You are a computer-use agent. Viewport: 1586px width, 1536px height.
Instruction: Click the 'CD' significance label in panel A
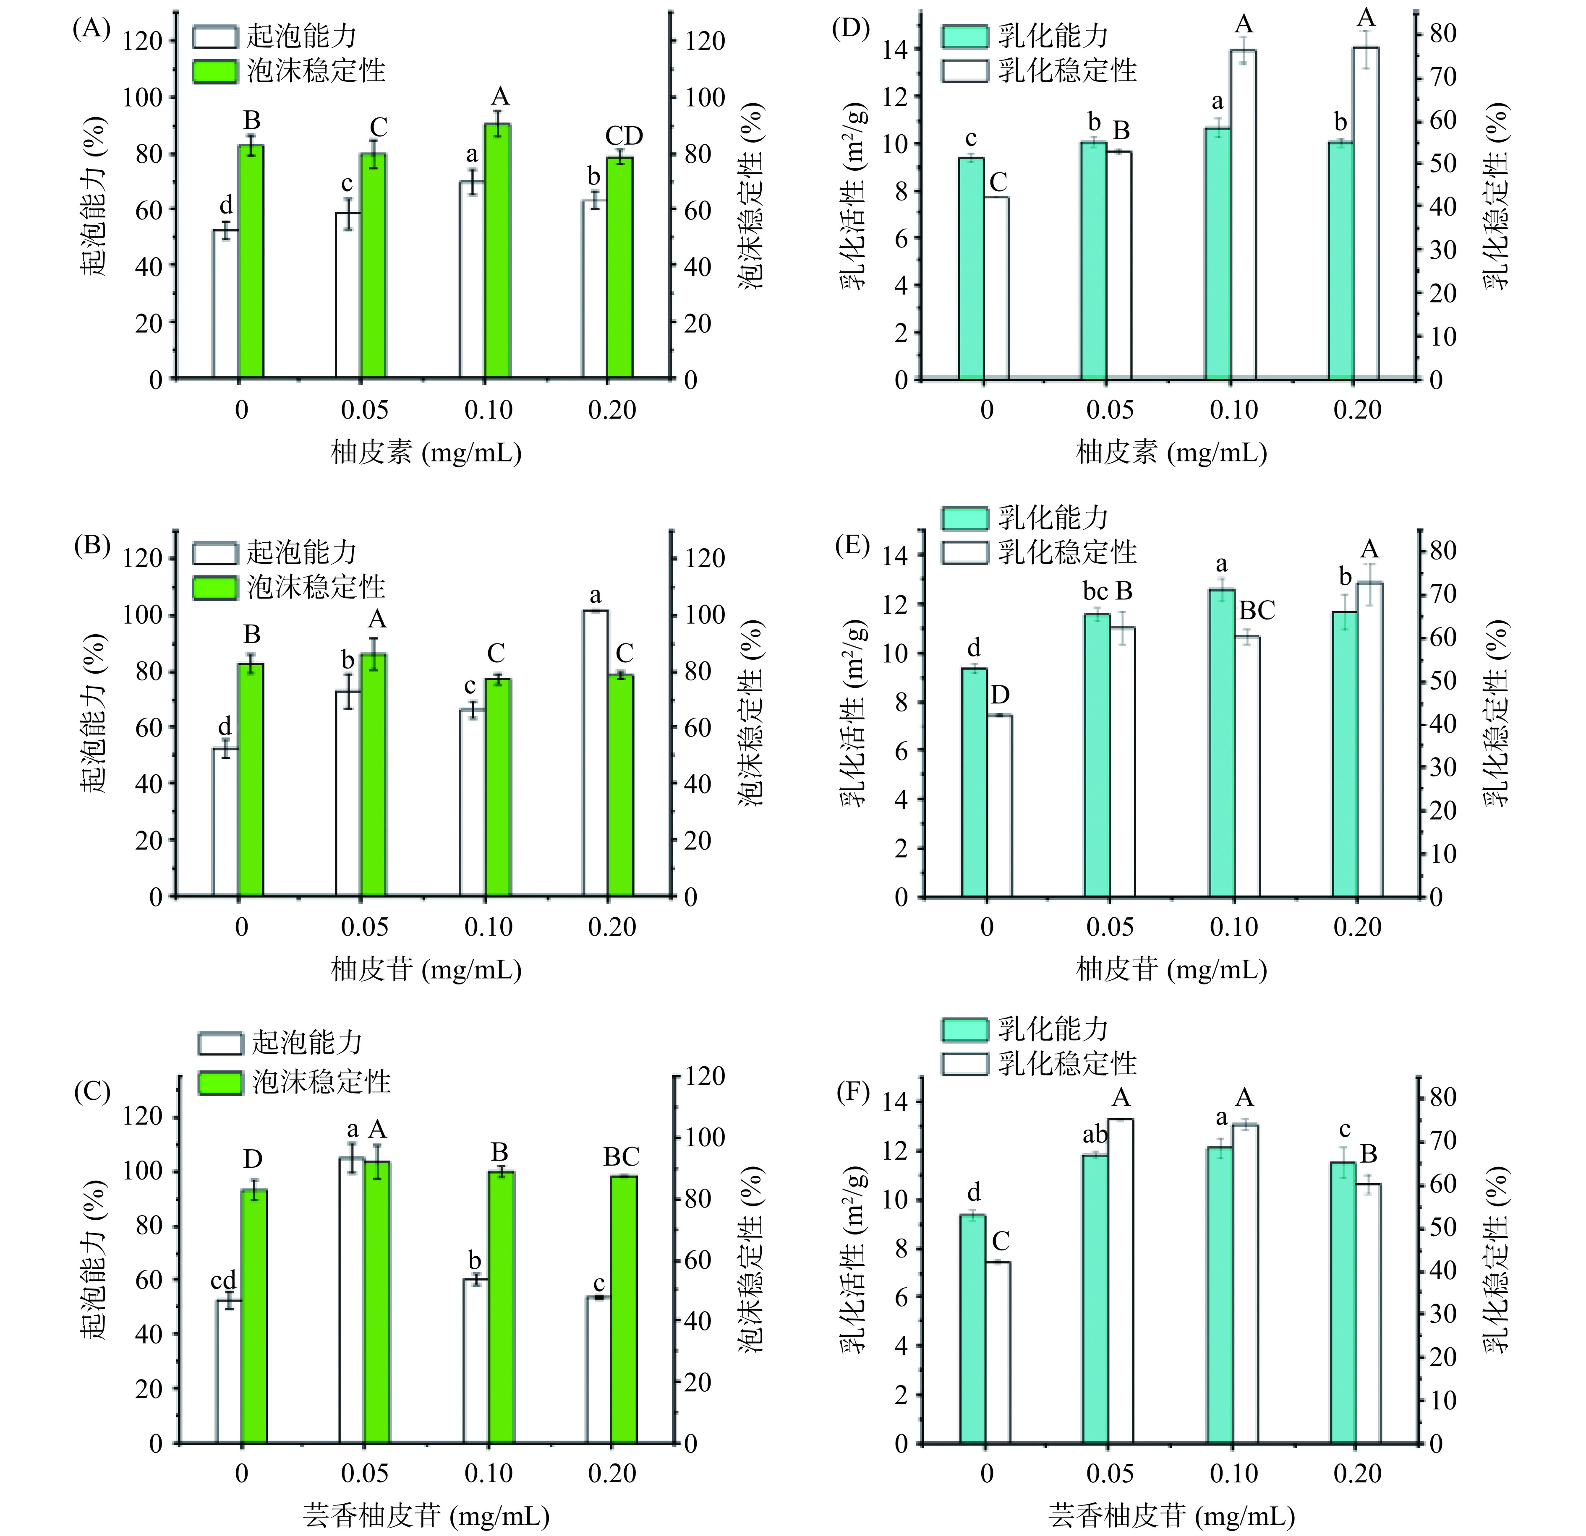click(x=624, y=136)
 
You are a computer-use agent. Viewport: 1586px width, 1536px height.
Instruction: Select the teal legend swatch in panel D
click(x=964, y=36)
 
